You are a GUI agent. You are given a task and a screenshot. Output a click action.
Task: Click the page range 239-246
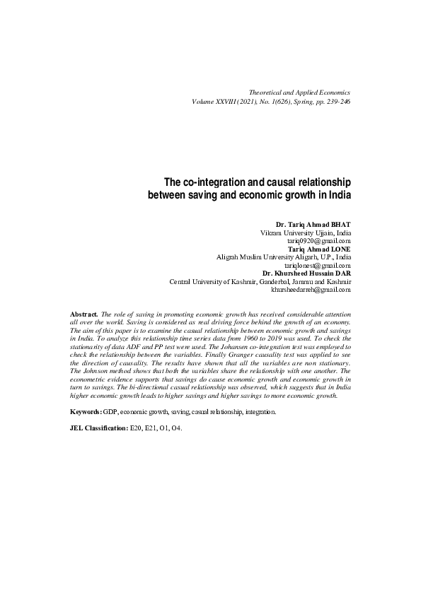(335, 102)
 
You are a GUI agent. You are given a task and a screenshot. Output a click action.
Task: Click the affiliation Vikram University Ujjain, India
(306, 232)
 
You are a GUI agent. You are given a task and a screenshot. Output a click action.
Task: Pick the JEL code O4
(178, 428)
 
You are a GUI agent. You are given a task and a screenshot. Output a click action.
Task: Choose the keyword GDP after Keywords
(110, 411)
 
